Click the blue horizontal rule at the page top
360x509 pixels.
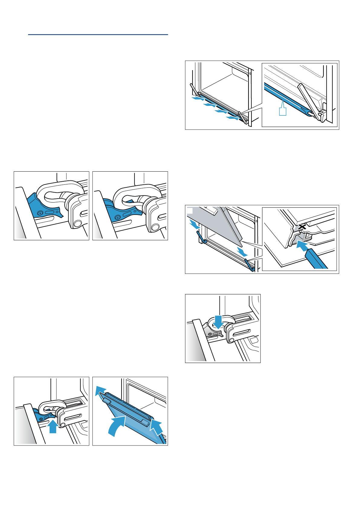(98, 35)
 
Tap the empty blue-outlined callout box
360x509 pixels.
(282, 111)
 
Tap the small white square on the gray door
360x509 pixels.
(190, 210)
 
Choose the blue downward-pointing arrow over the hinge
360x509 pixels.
(218, 322)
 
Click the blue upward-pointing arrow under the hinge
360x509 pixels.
(53, 427)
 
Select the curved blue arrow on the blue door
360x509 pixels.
(117, 426)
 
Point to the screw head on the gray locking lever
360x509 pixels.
(210, 334)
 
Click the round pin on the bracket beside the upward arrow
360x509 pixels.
(63, 425)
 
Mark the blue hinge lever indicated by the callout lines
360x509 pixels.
(250, 264)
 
